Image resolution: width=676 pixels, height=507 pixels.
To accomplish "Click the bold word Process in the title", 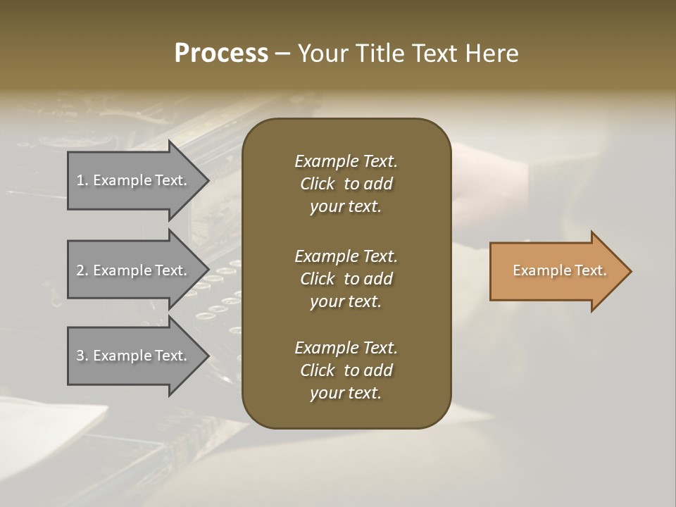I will click(221, 54).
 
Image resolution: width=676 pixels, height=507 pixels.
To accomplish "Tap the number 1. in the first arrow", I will click(82, 180).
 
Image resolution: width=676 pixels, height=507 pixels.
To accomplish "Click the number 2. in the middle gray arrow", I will click(82, 270).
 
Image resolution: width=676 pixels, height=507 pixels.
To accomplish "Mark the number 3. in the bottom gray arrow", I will click(82, 356).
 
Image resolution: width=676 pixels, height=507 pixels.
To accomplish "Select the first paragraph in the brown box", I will click(346, 184).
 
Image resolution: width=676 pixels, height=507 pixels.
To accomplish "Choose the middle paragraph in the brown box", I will click(346, 279).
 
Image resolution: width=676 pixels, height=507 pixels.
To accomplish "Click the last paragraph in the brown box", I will click(346, 370).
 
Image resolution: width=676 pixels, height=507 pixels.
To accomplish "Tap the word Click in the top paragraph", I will click(318, 184).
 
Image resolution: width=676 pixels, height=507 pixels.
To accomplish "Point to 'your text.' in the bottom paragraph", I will click(346, 393).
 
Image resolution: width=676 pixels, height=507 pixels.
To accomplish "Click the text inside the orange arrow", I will click(559, 270).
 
